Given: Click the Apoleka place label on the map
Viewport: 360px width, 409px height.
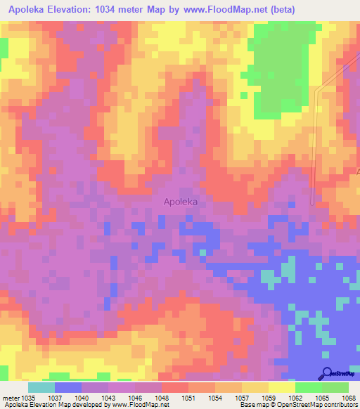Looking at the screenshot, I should (x=180, y=201).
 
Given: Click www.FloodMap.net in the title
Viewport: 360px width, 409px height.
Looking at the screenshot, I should (x=218, y=9).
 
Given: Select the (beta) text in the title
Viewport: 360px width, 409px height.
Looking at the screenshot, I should (x=281, y=9).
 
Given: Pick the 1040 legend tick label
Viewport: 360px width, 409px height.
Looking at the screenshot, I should (x=82, y=398).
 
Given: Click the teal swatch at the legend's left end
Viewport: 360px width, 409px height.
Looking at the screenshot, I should (x=41, y=387).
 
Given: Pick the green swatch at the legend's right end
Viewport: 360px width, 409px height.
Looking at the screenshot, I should (x=335, y=387).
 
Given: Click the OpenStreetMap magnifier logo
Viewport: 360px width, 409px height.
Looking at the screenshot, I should (x=328, y=374).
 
